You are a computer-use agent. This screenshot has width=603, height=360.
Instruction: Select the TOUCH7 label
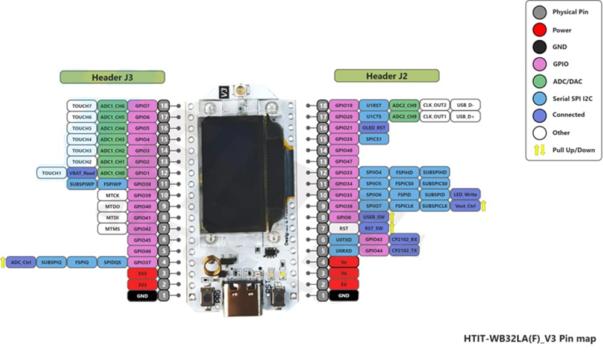[82, 105]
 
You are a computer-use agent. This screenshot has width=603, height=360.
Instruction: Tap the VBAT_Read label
[81, 173]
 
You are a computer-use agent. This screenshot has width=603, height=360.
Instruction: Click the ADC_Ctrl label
[21, 262]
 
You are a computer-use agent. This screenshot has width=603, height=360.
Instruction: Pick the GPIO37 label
[142, 262]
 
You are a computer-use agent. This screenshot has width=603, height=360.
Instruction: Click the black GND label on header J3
[142, 296]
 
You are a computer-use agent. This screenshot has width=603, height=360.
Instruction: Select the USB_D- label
[465, 105]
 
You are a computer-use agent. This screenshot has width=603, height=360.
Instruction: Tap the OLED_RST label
[374, 128]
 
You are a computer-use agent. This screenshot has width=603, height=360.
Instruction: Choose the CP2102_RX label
[404, 239]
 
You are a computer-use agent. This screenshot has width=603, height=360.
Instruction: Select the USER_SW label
[374, 217]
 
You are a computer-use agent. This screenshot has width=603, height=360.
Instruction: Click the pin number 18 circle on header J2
[322, 105]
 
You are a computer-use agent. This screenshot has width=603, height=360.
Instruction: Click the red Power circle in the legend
[540, 29]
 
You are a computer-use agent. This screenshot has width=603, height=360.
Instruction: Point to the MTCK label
[112, 195]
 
